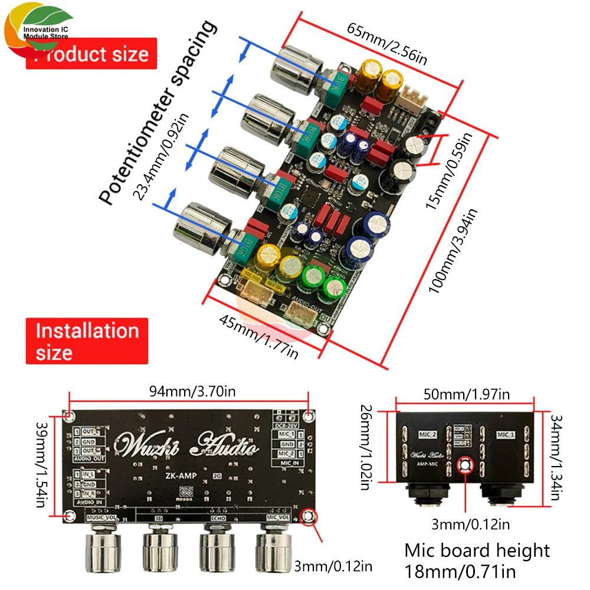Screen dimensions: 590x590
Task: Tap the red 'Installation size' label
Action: [x=86, y=342]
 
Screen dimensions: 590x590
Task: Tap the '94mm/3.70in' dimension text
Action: [x=188, y=389]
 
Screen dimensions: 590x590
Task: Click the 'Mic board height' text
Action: [x=477, y=550]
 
